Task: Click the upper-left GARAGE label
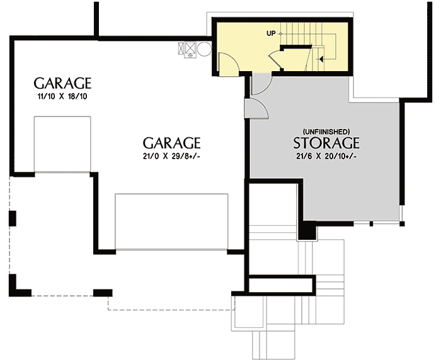click(62, 83)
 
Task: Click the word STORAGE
click(326, 142)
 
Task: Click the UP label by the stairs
click(271, 33)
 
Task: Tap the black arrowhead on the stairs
click(321, 59)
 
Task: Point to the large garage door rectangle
click(171, 222)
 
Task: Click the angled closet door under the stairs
click(277, 59)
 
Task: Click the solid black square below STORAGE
click(307, 230)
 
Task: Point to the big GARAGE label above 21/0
click(171, 142)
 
